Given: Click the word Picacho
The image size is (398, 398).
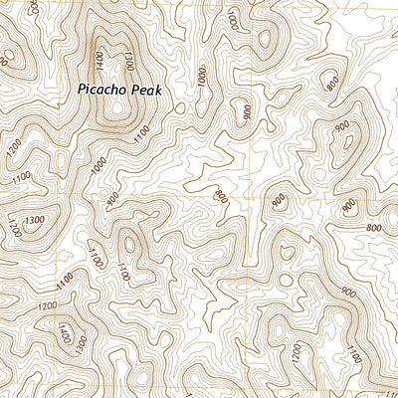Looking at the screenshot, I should click(104, 89).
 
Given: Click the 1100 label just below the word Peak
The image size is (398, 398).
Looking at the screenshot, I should click(142, 129).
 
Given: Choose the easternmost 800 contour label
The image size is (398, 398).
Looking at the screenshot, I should click(373, 228).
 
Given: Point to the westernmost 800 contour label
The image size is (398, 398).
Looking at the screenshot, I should click(220, 196).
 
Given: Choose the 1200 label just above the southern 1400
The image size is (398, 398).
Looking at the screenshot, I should click(46, 308).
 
